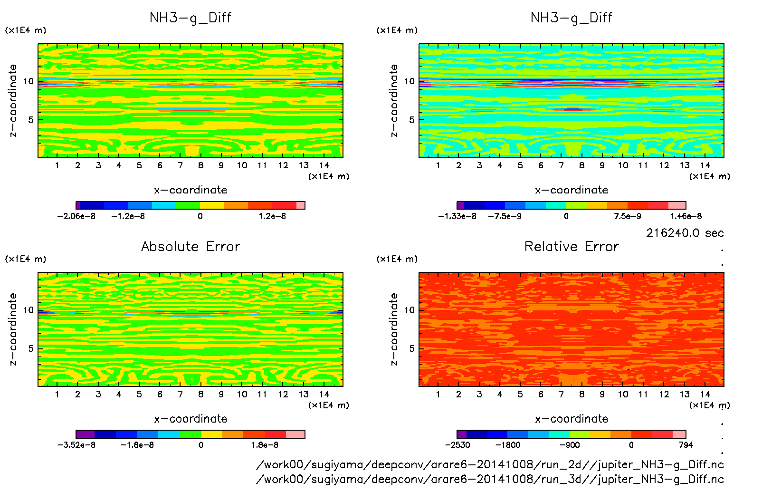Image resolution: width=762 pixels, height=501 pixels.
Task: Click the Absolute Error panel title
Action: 190,246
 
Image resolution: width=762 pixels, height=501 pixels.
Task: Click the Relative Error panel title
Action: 571,246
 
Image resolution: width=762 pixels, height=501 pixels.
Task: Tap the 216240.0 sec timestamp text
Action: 685,233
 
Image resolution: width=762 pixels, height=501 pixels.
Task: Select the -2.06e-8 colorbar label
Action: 76,216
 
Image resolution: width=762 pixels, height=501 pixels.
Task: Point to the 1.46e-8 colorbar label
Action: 686,216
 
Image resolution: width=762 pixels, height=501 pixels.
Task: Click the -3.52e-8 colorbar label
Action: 76,445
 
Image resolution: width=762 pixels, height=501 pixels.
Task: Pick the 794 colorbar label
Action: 686,445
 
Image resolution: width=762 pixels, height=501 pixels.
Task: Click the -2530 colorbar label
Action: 457,445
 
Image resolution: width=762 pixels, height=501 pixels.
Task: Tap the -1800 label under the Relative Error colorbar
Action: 508,445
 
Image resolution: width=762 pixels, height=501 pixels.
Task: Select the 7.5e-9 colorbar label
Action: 627,216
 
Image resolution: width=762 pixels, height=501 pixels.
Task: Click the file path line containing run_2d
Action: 490,465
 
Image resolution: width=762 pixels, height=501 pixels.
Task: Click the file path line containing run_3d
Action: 490,479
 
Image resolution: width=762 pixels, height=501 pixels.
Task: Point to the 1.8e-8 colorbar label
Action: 265,445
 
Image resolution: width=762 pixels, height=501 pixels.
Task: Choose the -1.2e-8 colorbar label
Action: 128,216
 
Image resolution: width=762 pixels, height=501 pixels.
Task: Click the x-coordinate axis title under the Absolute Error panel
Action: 190,419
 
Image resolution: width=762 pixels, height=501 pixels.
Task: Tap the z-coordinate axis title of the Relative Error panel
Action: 393,329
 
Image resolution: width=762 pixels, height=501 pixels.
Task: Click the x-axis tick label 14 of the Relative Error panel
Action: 705,394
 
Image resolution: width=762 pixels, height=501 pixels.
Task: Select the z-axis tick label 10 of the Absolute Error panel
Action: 29,310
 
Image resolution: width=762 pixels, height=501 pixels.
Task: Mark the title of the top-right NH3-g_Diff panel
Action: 571,18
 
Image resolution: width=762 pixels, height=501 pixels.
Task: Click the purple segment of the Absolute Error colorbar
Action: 85,434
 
